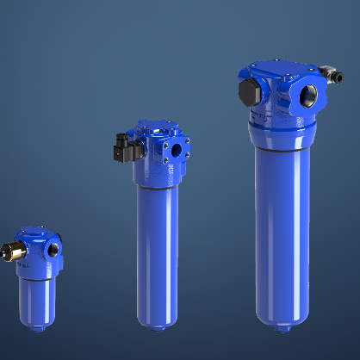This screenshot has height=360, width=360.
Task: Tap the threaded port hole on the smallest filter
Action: click(53, 250)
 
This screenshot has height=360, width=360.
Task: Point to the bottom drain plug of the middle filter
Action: click(158, 328)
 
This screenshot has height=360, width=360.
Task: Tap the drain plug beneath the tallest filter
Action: click(279, 328)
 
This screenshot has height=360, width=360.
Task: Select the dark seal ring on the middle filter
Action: click(157, 183)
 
